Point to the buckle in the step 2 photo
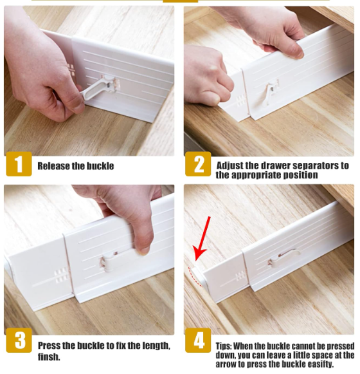point(272,93)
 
